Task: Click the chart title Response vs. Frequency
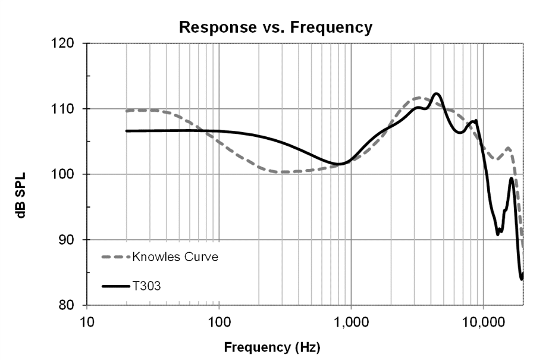[275, 27]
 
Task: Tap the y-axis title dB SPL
[21, 175]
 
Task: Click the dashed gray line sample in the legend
[115, 258]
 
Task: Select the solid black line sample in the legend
[115, 286]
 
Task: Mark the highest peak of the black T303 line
[436, 93]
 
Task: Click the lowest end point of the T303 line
[522, 278]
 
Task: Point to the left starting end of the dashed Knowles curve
[127, 111]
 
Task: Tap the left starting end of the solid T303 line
[127, 131]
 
